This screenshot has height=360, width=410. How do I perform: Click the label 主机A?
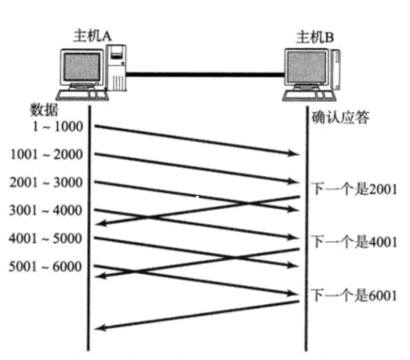pos(92,36)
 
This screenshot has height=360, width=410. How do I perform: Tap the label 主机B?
pos(315,38)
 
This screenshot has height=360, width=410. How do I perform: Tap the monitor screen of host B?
pos(306,68)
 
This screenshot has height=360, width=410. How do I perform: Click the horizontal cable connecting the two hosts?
pos(205,73)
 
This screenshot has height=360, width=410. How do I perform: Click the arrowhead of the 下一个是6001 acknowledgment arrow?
pos(99,328)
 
